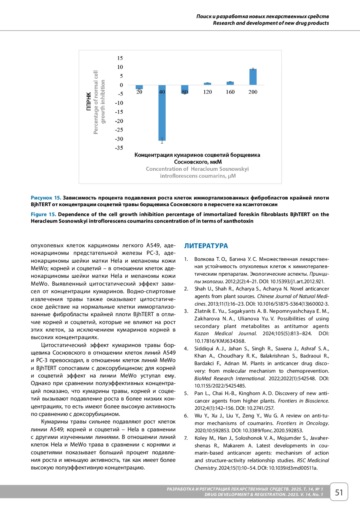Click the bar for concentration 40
coord(162,113)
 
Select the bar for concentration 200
coord(253,77)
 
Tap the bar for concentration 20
coord(139,87)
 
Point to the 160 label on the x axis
coord(230,92)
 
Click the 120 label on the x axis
coord(207,92)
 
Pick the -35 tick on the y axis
coord(119,148)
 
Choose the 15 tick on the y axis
coord(120,58)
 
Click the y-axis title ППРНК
coord(88,101)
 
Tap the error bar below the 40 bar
coord(162,141)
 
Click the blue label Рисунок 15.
coord(46,198)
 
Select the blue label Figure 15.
coord(43,214)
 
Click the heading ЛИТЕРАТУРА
coord(206,246)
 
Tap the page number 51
coord(339,493)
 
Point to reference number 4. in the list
coord(186,349)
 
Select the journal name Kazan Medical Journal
coord(225,334)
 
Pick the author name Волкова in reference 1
coord(204,259)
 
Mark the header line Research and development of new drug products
coord(271,23)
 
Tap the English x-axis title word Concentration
coord(164,169)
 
